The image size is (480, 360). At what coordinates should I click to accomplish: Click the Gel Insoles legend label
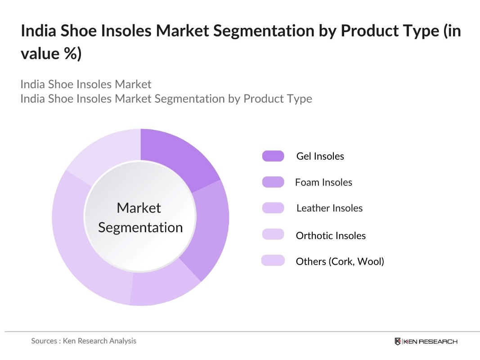point(320,156)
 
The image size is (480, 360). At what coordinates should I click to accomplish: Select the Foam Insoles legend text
point(323,182)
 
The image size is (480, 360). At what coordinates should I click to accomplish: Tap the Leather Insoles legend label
point(329,208)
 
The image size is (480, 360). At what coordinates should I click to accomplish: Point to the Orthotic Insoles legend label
point(331,235)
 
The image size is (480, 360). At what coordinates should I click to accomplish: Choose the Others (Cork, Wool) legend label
point(340,261)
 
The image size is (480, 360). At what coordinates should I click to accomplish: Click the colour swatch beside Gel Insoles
point(273,156)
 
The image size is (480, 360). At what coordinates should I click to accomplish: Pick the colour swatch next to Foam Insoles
point(273,182)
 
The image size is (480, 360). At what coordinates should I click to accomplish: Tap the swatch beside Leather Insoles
point(273,208)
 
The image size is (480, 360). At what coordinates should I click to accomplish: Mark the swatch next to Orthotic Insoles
point(273,234)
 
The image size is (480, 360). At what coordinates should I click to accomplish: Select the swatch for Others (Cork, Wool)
point(273,261)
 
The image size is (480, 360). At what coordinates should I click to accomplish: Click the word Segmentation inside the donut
point(140,227)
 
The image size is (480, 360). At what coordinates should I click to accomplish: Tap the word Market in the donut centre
point(139,207)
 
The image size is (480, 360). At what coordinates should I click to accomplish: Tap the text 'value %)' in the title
point(51,54)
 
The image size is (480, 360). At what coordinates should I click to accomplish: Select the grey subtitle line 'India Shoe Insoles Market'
point(86,84)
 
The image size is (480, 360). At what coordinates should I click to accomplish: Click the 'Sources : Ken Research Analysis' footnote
point(84,341)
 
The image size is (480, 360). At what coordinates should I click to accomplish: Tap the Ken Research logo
point(426,342)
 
